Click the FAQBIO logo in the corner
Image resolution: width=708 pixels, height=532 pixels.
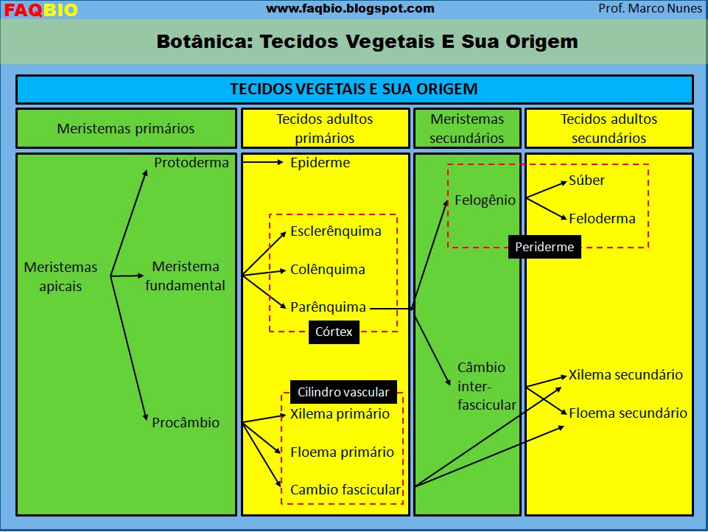pyautogui.click(x=41, y=10)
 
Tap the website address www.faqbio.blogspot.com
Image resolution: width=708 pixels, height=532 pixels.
pyautogui.click(x=350, y=9)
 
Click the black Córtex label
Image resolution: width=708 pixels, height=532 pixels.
pyautogui.click(x=334, y=332)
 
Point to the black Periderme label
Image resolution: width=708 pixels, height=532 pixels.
pyautogui.click(x=544, y=248)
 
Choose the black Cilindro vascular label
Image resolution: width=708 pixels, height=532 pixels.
pyautogui.click(x=343, y=392)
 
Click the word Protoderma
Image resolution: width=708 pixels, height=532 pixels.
pyautogui.click(x=192, y=163)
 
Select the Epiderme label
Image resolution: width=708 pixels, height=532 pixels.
pyautogui.click(x=320, y=163)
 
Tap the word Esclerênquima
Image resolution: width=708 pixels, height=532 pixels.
pyautogui.click(x=336, y=231)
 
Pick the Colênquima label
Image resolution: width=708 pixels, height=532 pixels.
pyautogui.click(x=328, y=270)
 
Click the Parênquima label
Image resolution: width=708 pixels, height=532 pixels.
pyautogui.click(x=328, y=307)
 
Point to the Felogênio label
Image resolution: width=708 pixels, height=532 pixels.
pyautogui.click(x=485, y=200)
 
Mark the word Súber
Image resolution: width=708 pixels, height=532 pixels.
pyautogui.click(x=586, y=181)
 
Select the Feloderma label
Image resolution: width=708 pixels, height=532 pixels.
pyautogui.click(x=602, y=219)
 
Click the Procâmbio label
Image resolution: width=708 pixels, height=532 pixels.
pyautogui.click(x=186, y=423)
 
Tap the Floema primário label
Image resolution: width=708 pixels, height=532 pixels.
pyautogui.click(x=342, y=452)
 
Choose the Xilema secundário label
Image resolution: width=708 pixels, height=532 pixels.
pyautogui.click(x=625, y=375)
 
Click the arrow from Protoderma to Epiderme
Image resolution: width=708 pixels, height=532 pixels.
pyautogui.click(x=262, y=163)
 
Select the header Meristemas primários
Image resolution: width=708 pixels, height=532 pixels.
pyautogui.click(x=126, y=129)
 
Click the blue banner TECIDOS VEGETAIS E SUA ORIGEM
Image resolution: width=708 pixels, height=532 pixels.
pyautogui.click(x=354, y=89)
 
